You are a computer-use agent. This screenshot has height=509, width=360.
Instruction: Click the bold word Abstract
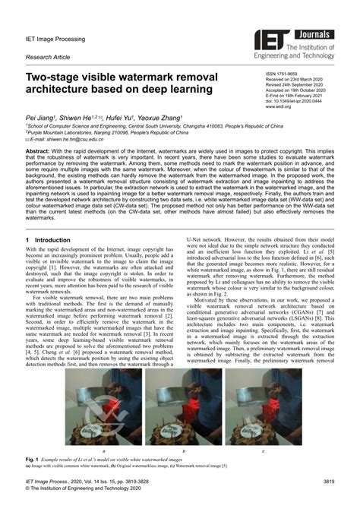[x=38, y=151]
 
